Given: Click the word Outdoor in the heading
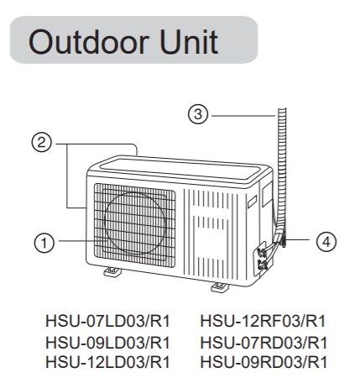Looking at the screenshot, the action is [88, 42].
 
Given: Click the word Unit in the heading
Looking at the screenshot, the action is [189, 42].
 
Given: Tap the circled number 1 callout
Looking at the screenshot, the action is [44, 243].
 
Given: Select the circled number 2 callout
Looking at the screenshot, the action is [41, 143].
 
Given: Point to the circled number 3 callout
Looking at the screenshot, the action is [198, 114].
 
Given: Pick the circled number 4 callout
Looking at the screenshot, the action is [326, 241].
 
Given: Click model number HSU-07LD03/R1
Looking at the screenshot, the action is [107, 321].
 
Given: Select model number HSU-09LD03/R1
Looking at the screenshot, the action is [107, 342].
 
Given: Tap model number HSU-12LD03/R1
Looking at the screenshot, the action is [107, 362].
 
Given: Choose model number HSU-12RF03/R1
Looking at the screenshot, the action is [263, 321].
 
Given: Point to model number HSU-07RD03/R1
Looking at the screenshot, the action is [263, 342].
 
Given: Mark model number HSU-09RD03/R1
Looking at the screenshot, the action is [263, 362].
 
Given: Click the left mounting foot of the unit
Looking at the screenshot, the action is [112, 271].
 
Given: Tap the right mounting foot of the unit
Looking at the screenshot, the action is [220, 287].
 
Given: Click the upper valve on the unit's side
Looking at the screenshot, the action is [262, 252].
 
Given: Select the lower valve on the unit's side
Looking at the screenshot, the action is [263, 265].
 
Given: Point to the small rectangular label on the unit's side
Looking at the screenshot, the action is [252, 202].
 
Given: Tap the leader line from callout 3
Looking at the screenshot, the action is [243, 115].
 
